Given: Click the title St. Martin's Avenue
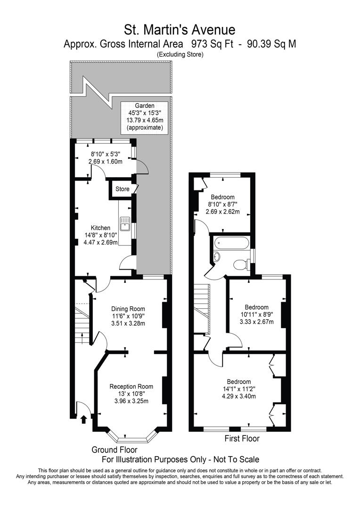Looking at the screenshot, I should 180,30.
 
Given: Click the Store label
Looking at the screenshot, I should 123,189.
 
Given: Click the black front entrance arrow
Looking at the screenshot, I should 84,419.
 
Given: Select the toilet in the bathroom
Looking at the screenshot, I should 241,264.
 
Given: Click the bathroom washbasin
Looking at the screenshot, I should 216,257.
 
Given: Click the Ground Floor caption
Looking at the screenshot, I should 115,450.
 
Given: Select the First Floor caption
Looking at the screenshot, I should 241,439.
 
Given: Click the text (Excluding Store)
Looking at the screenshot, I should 180,55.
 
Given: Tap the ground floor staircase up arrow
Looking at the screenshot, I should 83,338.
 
